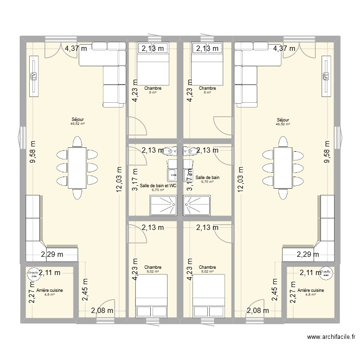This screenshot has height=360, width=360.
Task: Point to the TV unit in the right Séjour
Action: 326,76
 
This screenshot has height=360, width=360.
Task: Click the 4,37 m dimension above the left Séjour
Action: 76,48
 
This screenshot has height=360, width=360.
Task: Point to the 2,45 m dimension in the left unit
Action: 85,289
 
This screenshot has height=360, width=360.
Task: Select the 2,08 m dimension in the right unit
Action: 258,311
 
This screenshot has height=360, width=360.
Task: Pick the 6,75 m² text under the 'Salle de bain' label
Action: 207,181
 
